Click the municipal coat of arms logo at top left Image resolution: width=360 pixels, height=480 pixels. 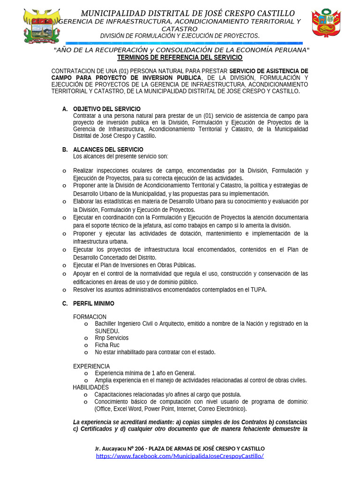pos(42,26)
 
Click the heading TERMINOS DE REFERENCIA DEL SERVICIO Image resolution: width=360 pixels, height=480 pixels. pos(180,58)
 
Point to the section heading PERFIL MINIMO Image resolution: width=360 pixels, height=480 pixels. pos(94,304)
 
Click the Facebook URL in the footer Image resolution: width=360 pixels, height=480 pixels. pos(180,456)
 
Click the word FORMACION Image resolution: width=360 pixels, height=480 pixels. pos(90,317)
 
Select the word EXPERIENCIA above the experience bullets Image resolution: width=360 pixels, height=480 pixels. pos(91,366)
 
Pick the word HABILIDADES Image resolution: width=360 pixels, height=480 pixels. pos(90,387)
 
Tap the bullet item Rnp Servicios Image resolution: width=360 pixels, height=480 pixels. pos(112,338)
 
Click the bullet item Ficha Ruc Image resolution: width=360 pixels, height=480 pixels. pos(107,345)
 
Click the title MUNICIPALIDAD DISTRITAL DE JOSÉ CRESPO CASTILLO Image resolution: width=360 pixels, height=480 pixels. pos(187,13)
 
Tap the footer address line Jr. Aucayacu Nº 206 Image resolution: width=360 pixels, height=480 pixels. pos(180,449)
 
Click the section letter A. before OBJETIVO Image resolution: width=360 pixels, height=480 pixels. pos(65,109)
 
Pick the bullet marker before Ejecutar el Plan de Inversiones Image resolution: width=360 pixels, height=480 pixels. pos(64,265)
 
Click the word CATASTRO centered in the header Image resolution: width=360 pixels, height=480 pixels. pos(180,29)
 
